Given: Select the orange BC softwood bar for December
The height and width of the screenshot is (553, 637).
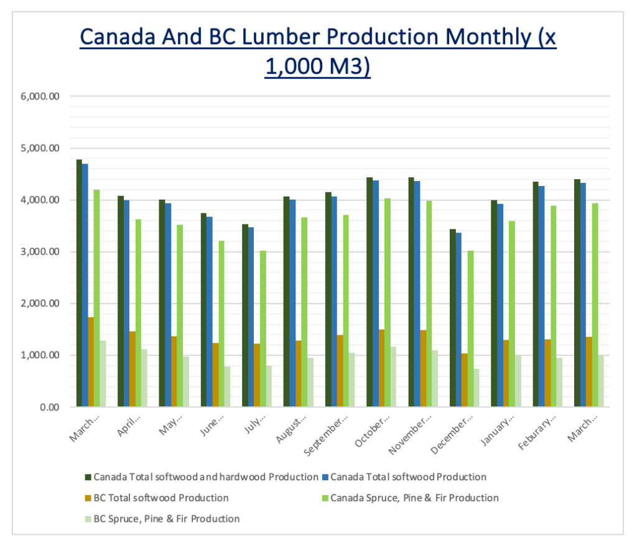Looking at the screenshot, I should [465, 380].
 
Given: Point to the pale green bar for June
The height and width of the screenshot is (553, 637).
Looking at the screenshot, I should [228, 386].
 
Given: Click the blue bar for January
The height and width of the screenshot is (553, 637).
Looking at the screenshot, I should [500, 305].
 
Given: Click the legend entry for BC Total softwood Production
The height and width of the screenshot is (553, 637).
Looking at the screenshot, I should [160, 498].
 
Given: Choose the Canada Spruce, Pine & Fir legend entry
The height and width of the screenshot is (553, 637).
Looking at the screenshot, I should [414, 498].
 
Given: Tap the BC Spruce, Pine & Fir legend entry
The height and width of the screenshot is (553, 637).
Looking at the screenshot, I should [166, 519].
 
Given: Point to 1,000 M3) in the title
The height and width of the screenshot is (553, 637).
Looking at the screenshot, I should [318, 65].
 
